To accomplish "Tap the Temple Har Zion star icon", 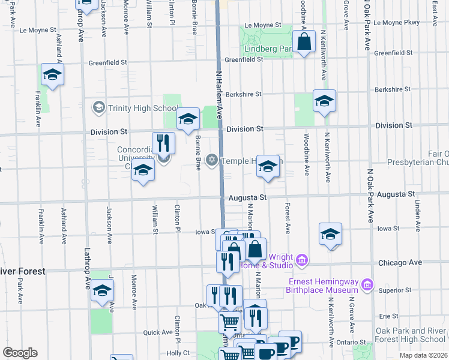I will (x=211, y=160).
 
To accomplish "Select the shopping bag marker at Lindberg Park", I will (x=304, y=43).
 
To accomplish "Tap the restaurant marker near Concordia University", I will (x=163, y=143).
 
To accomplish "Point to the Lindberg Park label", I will (x=267, y=48).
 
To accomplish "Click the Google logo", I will (x=20, y=353).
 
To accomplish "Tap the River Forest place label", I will (x=22, y=271).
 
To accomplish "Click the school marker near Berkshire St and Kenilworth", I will (x=324, y=101).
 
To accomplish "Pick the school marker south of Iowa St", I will (x=330, y=235).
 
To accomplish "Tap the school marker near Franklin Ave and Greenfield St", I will (x=52, y=76).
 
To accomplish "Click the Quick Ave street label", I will (x=158, y=332).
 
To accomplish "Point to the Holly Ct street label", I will (x=178, y=353).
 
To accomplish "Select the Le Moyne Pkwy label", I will (x=396, y=22).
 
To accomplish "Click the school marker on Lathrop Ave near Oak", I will (x=102, y=292).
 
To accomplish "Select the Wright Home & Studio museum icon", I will (x=302, y=260).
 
